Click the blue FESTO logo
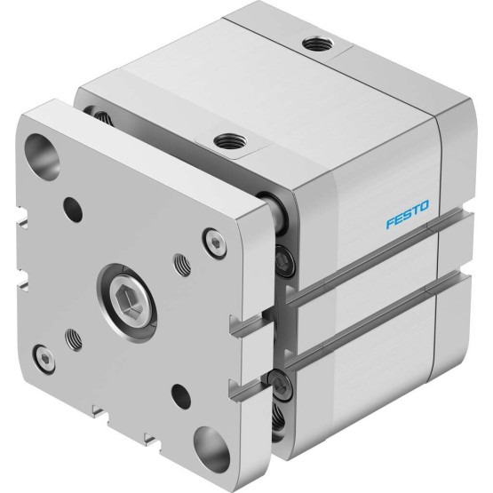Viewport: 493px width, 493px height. coord(407,214)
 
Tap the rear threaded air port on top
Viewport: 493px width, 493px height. coord(317,44)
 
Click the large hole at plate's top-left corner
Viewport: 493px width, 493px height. coord(42,156)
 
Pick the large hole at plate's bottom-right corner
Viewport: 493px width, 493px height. coord(211,449)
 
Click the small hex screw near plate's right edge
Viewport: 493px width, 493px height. coord(215,243)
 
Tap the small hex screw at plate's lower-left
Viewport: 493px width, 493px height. coord(44,359)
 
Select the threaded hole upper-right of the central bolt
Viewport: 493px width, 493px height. coord(182,265)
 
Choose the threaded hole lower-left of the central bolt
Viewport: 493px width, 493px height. coord(74,340)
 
